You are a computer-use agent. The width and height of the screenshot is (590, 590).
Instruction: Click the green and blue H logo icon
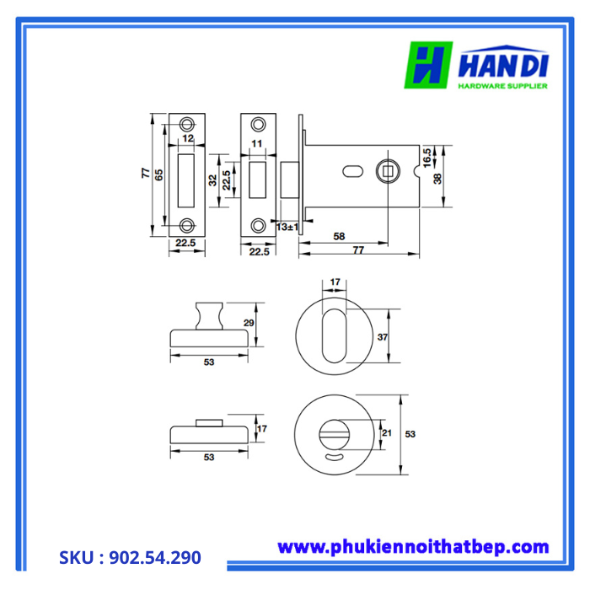pyautogui.click(x=430, y=66)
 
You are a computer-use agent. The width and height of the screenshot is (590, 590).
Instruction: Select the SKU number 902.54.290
pyautogui.click(x=131, y=557)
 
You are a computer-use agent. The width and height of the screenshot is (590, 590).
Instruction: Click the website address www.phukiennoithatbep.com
pyautogui.click(x=413, y=547)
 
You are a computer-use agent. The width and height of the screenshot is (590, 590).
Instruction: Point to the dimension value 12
pyautogui.click(x=188, y=138)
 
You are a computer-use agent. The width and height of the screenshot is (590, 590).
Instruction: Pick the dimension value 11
pyautogui.click(x=257, y=144)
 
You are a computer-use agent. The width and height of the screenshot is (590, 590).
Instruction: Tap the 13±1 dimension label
pyautogui.click(x=287, y=228)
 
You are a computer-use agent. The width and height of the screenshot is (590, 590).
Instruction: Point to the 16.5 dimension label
pyautogui.click(x=426, y=155)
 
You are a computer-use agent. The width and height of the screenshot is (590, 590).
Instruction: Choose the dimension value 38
pyautogui.click(x=437, y=180)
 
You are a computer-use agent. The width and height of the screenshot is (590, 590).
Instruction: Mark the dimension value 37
pyautogui.click(x=382, y=337)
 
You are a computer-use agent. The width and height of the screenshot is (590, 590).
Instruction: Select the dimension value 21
pyautogui.click(x=387, y=432)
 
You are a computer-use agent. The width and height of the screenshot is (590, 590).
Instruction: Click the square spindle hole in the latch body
pyautogui.click(x=389, y=172)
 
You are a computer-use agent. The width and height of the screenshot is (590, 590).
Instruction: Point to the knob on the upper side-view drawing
pyautogui.click(x=208, y=316)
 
